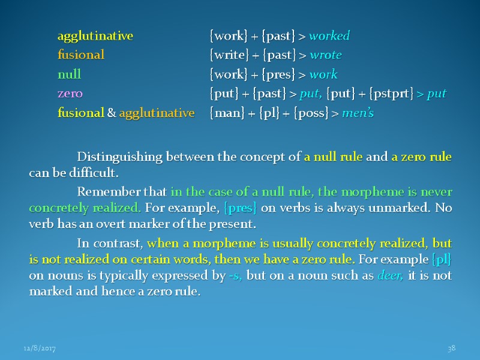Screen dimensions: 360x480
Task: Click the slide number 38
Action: [x=452, y=348]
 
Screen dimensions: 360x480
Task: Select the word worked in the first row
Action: [x=329, y=36]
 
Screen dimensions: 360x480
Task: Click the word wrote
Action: [x=326, y=55]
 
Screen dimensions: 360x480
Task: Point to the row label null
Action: [x=69, y=74]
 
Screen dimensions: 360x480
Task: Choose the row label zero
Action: [x=70, y=94]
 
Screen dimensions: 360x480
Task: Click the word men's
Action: [x=358, y=113]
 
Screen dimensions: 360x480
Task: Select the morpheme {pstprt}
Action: [x=392, y=94]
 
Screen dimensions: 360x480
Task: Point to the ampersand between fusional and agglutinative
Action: [x=112, y=113]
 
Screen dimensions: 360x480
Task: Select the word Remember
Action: [x=100, y=192]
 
